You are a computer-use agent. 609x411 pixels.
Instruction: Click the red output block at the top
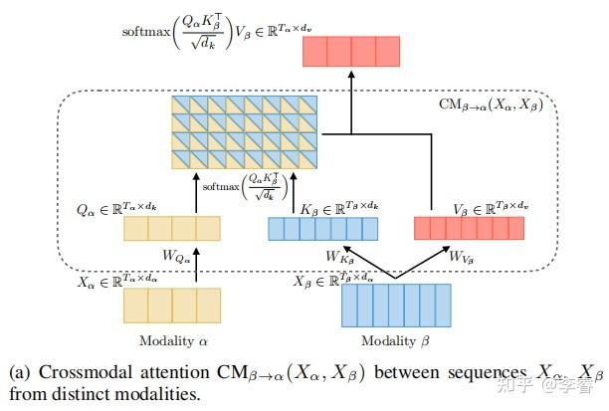coord(351,52)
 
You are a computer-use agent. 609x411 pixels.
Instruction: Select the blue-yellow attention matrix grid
coord(245,135)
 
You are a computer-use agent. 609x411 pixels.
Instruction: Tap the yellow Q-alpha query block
coord(171,229)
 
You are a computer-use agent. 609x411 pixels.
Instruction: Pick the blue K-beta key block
coord(323,230)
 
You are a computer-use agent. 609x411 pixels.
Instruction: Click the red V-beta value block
coord(469,229)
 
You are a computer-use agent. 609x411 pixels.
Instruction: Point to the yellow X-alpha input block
coord(171,305)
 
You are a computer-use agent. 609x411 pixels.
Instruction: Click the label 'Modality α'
coord(171,340)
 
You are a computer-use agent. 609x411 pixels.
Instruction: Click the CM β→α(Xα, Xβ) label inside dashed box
coord(492,104)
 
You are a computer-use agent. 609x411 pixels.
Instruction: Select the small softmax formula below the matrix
coord(244,187)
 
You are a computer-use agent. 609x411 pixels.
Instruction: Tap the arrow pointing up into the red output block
coord(351,100)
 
